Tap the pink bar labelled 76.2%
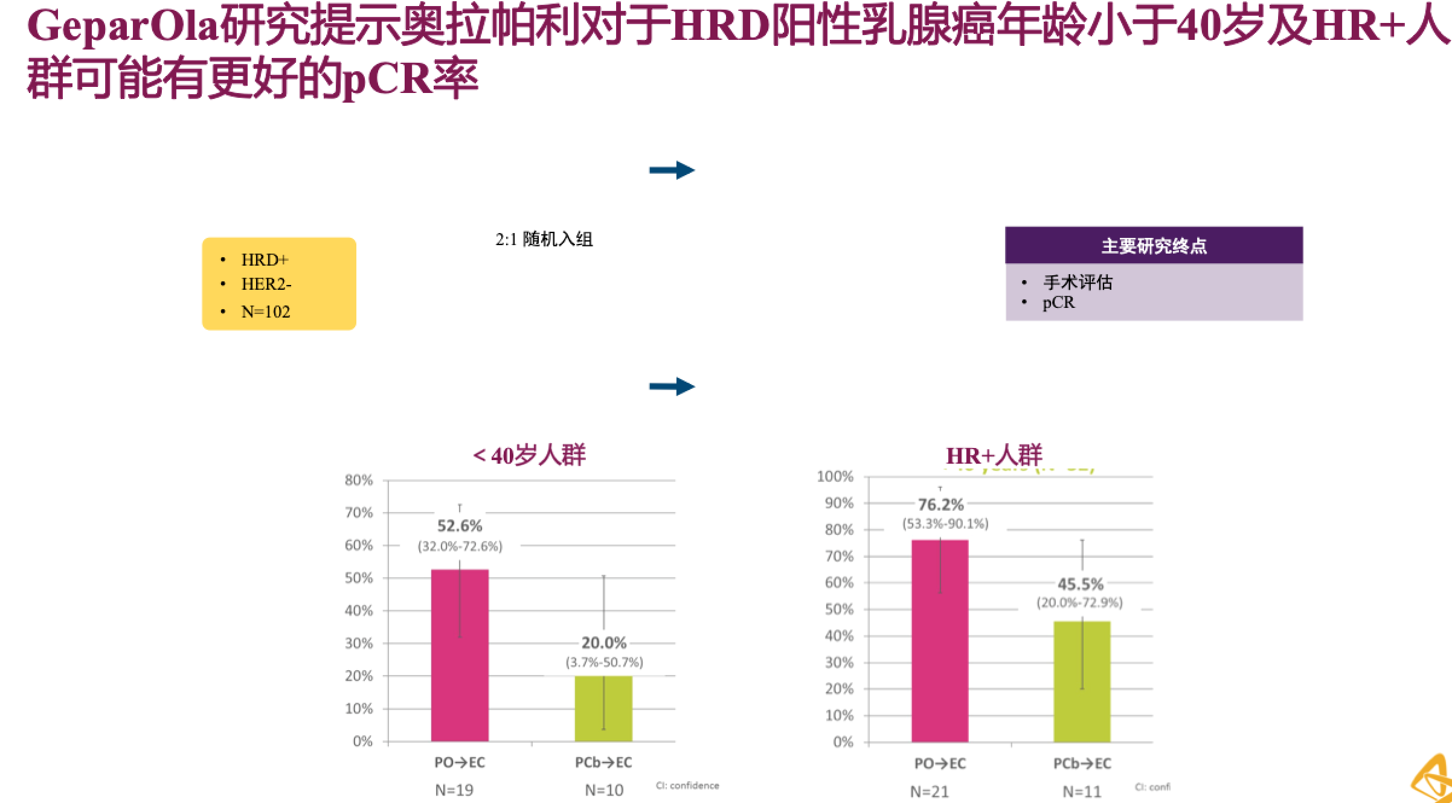click(x=940, y=641)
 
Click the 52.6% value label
click(x=460, y=526)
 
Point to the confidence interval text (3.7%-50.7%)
click(x=604, y=662)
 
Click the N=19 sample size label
click(x=454, y=790)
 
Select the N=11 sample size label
click(x=1082, y=791)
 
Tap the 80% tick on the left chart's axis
click(x=359, y=481)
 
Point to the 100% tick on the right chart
click(x=835, y=477)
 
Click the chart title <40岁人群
click(x=529, y=455)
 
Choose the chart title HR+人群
click(x=994, y=455)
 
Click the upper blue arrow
click(x=672, y=170)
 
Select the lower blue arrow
click(x=672, y=386)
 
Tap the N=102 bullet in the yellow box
click(x=266, y=312)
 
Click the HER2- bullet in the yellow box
click(x=266, y=284)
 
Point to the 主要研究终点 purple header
click(x=1154, y=246)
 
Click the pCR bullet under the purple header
click(x=1059, y=302)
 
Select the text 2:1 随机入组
click(x=544, y=240)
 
